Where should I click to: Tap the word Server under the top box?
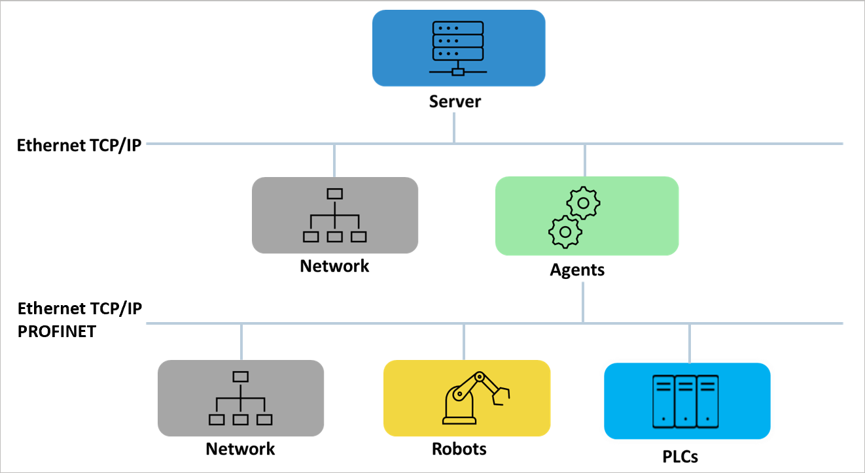pyautogui.click(x=455, y=102)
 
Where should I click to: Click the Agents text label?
pyautogui.click(x=577, y=269)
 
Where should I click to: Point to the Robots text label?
pyautogui.click(x=459, y=449)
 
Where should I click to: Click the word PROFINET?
pyautogui.click(x=57, y=331)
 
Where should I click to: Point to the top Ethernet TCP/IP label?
pyautogui.click(x=79, y=145)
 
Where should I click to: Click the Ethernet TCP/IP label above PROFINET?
pyautogui.click(x=79, y=308)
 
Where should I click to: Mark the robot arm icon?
pyautogui.click(x=476, y=398)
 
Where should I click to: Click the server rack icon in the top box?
pyautogui.click(x=458, y=48)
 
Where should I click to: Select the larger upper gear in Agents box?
pyautogui.click(x=583, y=203)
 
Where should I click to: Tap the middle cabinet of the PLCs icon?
pyautogui.click(x=685, y=400)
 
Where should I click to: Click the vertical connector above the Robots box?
pyautogui.click(x=464, y=342)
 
